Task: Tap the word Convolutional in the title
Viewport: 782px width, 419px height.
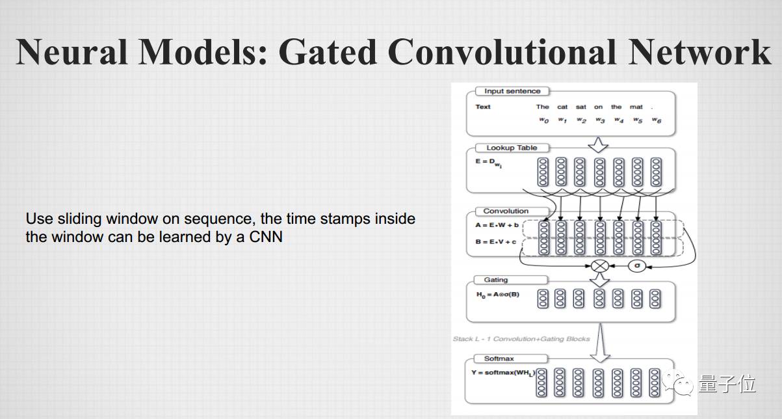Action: [501, 51]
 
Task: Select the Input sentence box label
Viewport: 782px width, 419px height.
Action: [512, 91]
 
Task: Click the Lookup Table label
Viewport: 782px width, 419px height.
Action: [512, 148]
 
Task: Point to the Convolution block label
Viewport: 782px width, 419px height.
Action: [506, 211]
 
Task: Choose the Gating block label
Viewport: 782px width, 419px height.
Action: [495, 280]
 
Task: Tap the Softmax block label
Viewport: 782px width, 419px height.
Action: [499, 358]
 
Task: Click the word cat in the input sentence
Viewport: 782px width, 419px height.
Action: [562, 107]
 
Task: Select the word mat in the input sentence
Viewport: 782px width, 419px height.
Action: [636, 107]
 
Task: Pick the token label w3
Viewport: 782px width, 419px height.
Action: [599, 120]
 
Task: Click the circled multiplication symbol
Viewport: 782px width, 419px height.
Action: [599, 266]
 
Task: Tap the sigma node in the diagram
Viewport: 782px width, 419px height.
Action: [637, 266]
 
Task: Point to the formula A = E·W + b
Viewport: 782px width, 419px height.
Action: [496, 226]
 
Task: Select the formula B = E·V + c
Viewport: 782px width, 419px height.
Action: [496, 242]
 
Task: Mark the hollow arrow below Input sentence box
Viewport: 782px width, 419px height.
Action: [598, 144]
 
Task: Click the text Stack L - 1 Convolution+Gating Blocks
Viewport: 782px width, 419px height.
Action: [521, 339]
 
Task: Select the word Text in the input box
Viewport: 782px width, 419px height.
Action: [483, 107]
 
